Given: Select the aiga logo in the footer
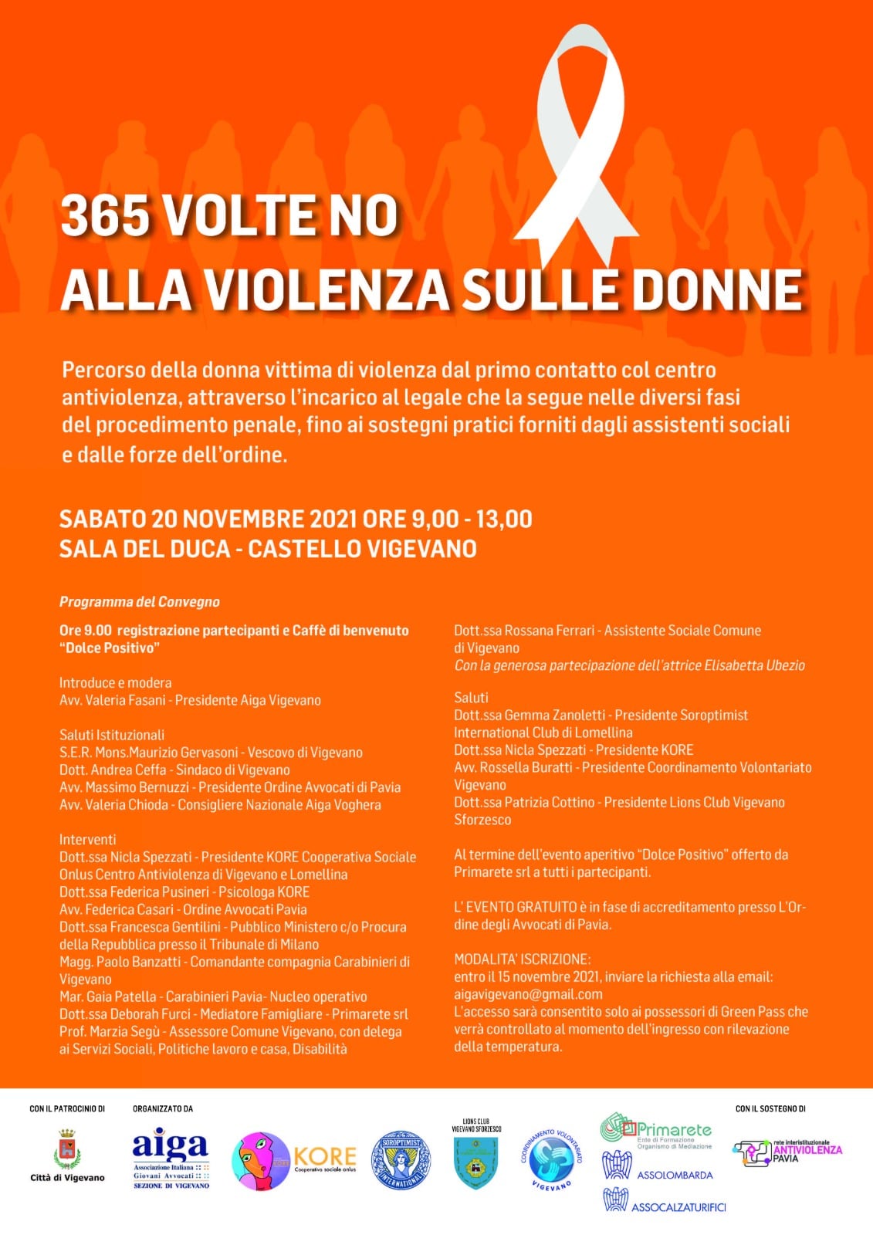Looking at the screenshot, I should tap(171, 1158).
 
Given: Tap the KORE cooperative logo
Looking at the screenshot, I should tap(293, 1159).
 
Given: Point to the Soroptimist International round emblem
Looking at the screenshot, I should tap(401, 1159).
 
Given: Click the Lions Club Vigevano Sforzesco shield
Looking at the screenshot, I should tap(476, 1163).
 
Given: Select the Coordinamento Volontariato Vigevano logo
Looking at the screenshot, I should tap(551, 1162).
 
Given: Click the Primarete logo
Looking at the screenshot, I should tap(656, 1132).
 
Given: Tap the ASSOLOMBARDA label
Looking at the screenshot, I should tap(675, 1175).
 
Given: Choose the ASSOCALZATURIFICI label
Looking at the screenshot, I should tap(678, 1207).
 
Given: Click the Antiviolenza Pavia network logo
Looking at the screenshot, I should tap(787, 1152).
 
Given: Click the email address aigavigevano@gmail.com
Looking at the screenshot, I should tap(528, 994).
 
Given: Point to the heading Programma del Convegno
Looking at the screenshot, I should tap(140, 602).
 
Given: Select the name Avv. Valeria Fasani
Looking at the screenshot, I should tap(113, 700).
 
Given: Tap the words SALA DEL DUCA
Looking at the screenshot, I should tap(145, 549).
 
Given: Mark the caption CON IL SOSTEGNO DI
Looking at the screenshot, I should tap(770, 1108).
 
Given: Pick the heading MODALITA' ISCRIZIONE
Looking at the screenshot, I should tap(522, 959).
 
